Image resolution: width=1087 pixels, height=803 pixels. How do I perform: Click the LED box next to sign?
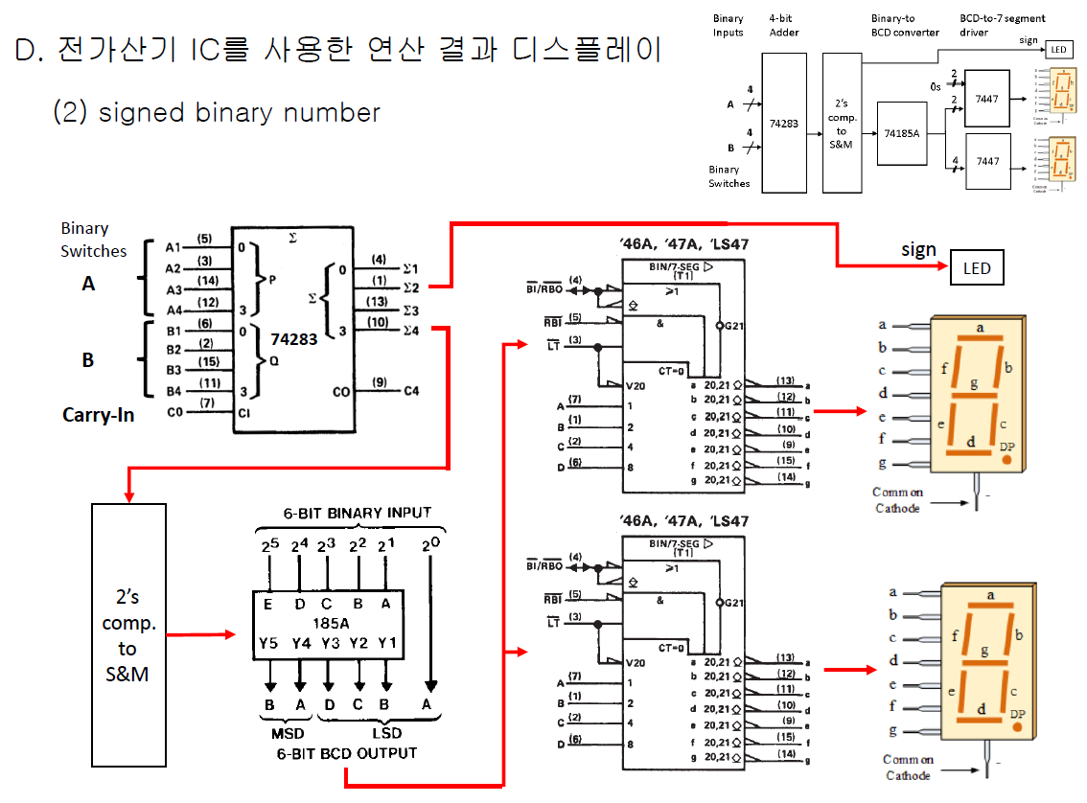977,268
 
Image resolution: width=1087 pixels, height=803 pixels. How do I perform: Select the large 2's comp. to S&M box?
127,634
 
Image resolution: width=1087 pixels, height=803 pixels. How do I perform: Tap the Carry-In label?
98,415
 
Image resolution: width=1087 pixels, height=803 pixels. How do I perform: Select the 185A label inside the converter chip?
328,623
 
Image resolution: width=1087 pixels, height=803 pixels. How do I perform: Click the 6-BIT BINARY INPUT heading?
357,513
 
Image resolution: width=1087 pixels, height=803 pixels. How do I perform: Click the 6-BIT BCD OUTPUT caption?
347,753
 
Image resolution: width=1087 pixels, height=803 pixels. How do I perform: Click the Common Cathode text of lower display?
908,768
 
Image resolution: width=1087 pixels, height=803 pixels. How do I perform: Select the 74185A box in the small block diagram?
902,133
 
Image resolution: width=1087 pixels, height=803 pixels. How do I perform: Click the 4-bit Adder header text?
783,26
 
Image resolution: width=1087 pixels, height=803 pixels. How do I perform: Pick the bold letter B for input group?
88,359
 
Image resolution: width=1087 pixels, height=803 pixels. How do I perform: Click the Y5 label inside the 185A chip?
269,642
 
